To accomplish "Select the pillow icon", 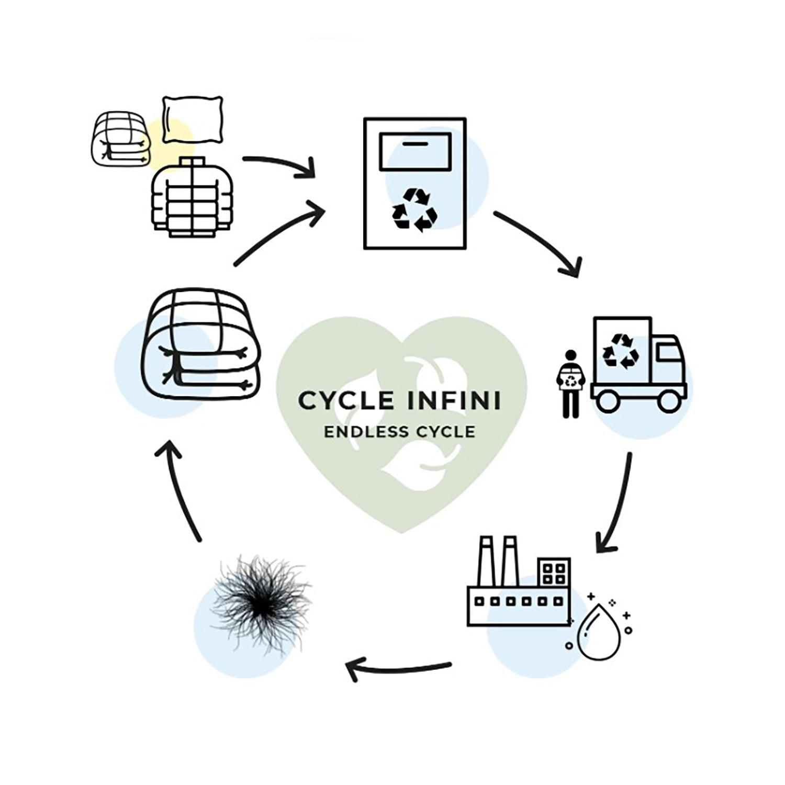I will (193, 119).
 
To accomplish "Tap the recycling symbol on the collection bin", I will (414, 210).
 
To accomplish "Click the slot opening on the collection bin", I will (415, 143).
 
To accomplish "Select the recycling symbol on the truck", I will (621, 351).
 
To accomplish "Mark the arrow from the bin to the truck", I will (542, 243).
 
